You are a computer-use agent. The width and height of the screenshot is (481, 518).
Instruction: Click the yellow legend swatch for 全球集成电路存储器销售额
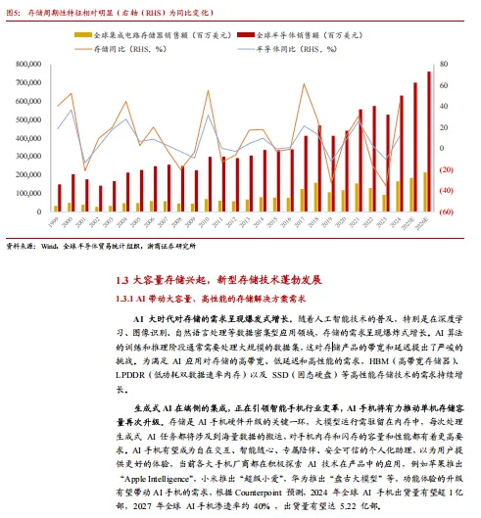point(84,33)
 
